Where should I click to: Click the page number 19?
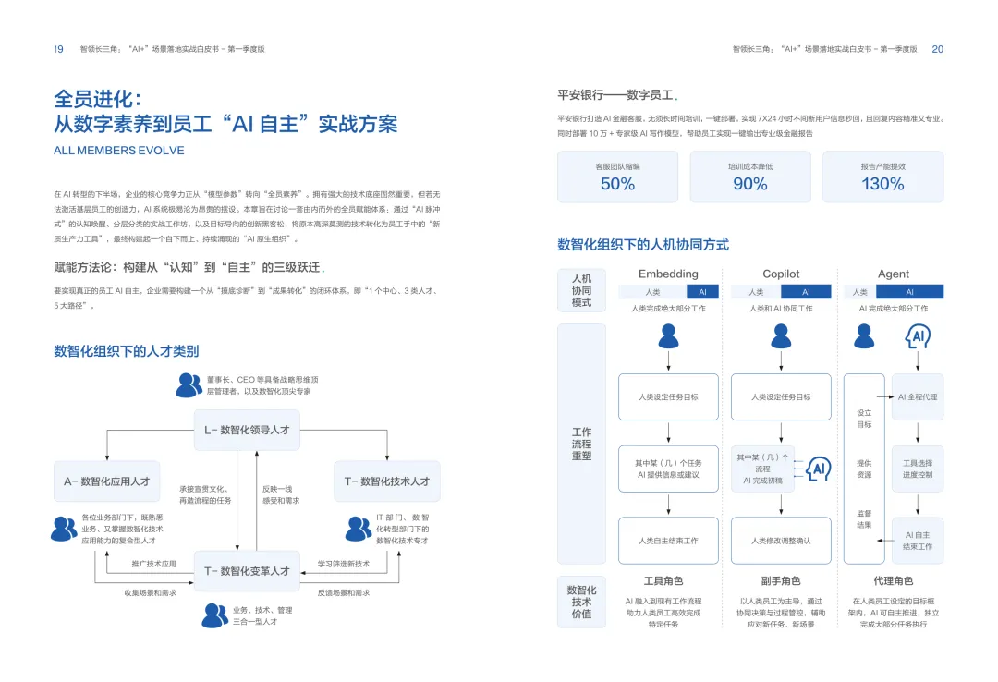58,49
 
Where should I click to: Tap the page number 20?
937,49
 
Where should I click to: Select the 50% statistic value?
617,184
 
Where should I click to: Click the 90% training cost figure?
749,184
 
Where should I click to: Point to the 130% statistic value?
882,184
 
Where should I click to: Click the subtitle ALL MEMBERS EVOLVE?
119,151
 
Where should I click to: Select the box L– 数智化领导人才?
247,430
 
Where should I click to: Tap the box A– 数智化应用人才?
106,481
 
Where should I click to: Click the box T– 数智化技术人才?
386,481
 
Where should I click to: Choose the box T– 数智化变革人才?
247,571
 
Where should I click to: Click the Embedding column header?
668,274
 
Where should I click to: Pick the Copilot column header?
781,274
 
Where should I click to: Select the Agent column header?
894,274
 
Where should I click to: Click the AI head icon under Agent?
918,337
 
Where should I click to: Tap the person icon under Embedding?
668,337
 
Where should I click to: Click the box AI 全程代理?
918,396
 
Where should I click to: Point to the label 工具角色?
663,581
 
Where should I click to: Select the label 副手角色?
781,581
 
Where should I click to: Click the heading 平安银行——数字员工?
616,95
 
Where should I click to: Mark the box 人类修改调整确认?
781,541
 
